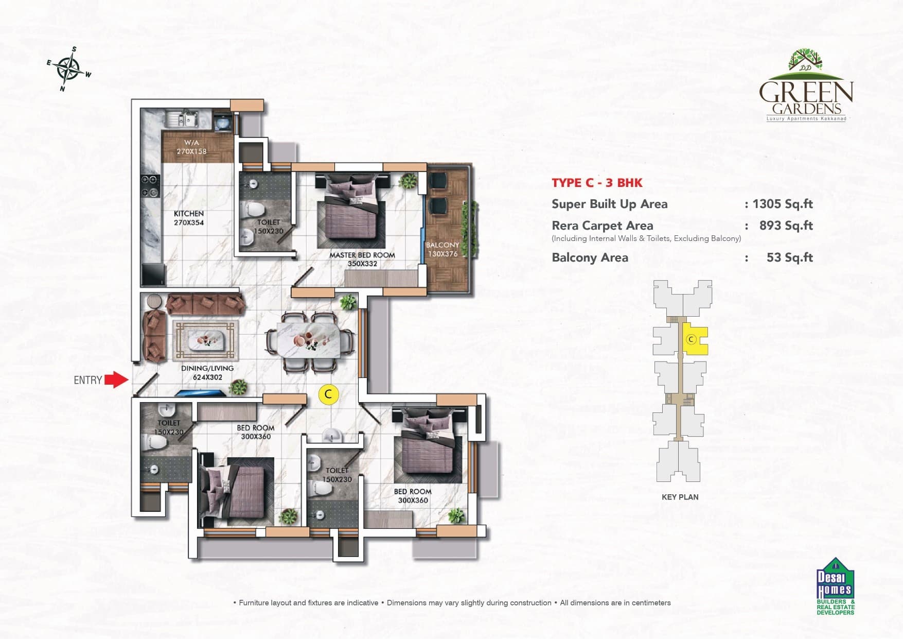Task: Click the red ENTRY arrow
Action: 116,380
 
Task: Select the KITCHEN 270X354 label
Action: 189,218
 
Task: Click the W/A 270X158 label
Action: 191,147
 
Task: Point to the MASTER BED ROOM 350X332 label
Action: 362,259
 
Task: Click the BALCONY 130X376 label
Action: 442,249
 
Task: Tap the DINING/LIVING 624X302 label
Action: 207,373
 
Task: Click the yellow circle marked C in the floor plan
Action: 328,395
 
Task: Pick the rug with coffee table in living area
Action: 206,340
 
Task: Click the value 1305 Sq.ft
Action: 782,204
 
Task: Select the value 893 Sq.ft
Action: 786,226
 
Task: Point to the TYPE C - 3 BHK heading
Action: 597,183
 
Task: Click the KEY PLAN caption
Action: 680,497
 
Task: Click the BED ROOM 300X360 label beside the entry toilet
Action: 256,432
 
